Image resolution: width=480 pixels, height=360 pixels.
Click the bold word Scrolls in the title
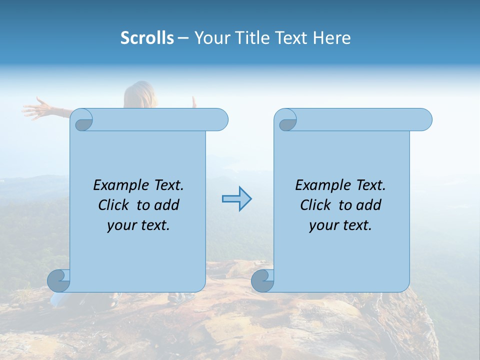point(147,38)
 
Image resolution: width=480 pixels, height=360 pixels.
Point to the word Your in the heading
point(209,38)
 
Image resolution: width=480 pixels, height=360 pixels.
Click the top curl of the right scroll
point(285,120)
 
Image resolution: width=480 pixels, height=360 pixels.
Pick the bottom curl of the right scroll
point(262,280)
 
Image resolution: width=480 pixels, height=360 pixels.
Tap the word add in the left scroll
point(167,205)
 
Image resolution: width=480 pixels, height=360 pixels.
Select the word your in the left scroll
point(121,225)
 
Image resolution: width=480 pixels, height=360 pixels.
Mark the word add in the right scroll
point(369,205)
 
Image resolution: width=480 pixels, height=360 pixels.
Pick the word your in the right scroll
point(323,225)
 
